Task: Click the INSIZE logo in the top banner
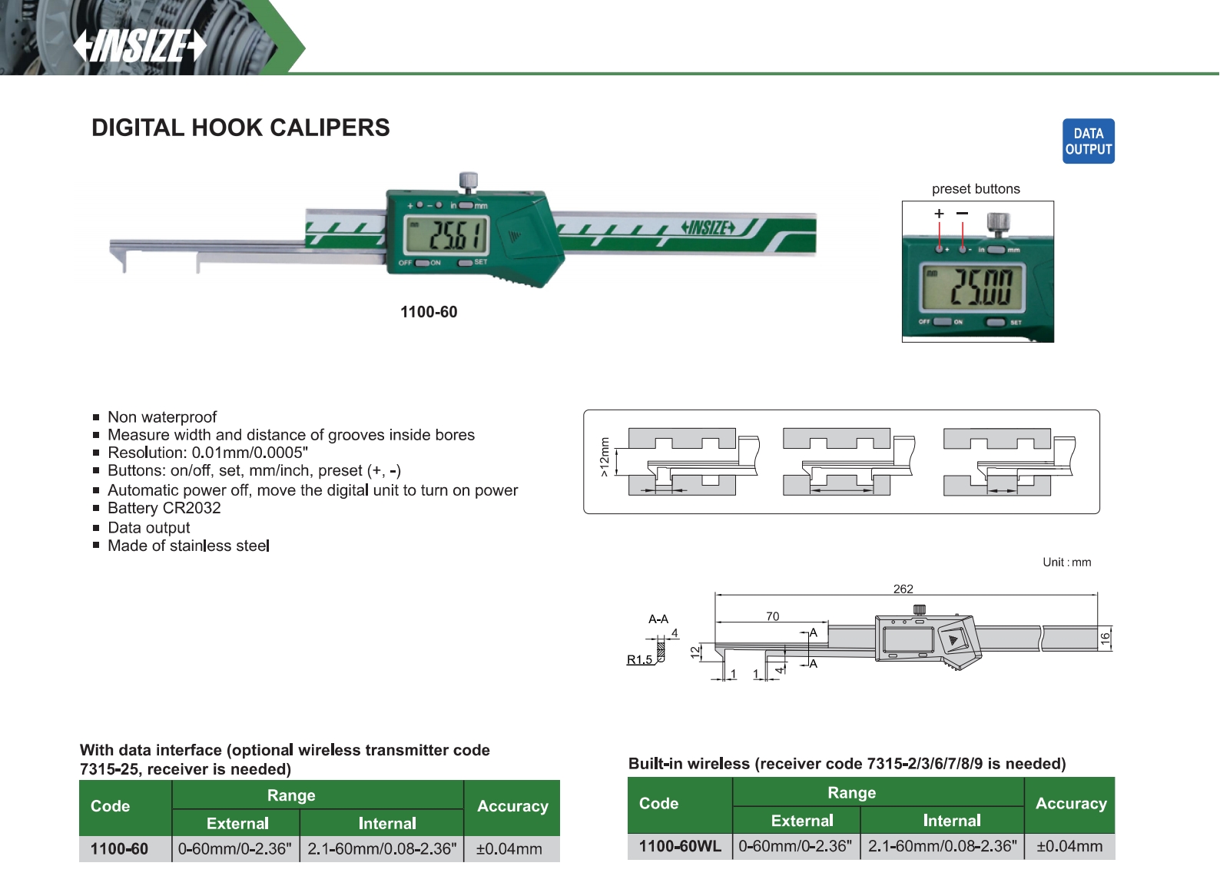(141, 46)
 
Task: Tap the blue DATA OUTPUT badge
(1088, 141)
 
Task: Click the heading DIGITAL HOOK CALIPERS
(240, 128)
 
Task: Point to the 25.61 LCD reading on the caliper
(446, 234)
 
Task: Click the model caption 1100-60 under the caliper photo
(429, 312)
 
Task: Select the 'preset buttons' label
(976, 189)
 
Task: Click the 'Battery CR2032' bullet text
(164, 508)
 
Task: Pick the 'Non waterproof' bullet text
(162, 417)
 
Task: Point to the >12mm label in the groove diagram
(604, 457)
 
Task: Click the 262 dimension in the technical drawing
(903, 589)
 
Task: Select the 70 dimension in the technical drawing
(772, 616)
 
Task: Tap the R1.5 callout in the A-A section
(639, 659)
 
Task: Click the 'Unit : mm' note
(1066, 562)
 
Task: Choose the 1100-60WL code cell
(680, 846)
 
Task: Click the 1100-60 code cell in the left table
(119, 849)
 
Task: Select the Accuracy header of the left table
(512, 806)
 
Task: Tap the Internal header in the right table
(952, 821)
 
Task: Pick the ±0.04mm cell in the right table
(1069, 846)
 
